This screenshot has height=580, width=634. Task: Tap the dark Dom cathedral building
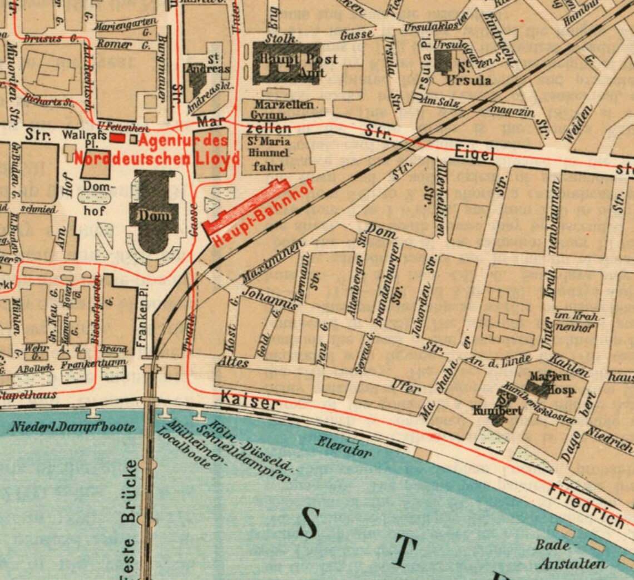pos(155,214)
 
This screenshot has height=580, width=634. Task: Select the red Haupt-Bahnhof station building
pos(245,205)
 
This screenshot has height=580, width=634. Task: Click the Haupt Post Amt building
pos(286,64)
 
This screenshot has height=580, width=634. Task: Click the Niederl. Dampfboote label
pos(72,428)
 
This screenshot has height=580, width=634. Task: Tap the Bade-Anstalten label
pos(570,554)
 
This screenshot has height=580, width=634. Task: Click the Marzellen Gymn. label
pos(281,109)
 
